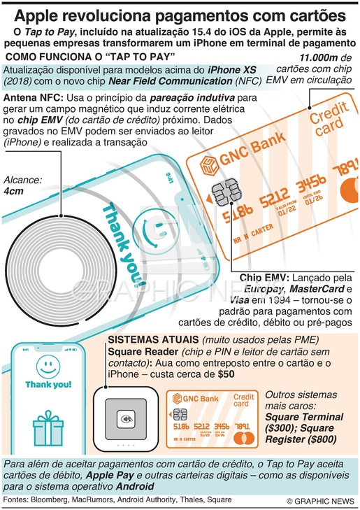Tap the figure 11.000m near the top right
[x=319, y=58]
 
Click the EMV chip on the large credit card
[x=226, y=192]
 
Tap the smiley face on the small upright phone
[x=48, y=367]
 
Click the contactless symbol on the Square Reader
[x=127, y=419]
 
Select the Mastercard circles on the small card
[x=244, y=438]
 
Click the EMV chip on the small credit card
[x=180, y=414]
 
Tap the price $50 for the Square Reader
[x=226, y=374]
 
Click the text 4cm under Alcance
[x=14, y=191]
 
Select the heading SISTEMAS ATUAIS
[x=153, y=340]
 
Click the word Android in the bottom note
[x=135, y=487]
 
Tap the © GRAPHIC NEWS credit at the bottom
[x=320, y=501]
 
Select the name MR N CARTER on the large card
[x=254, y=234]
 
